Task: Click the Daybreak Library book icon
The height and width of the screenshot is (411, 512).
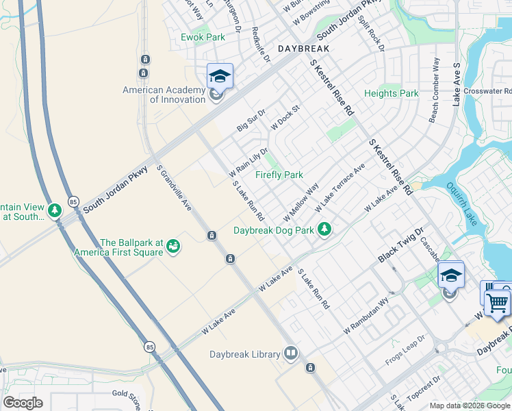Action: point(292,353)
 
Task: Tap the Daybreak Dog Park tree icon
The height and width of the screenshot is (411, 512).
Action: point(327,230)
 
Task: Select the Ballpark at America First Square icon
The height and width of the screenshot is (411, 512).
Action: point(173,245)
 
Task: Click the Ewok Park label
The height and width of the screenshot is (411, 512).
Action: point(203,37)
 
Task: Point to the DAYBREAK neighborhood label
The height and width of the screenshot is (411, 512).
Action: point(303,49)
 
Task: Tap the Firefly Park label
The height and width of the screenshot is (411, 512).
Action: point(279,175)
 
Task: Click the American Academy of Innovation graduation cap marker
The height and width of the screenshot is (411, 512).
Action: point(220,76)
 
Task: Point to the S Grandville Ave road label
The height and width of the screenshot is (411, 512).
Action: point(173,188)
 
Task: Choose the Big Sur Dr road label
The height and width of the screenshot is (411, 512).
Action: point(251,120)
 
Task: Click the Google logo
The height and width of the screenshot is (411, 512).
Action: point(23,403)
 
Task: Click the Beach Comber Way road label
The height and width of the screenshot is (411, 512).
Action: point(435,90)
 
